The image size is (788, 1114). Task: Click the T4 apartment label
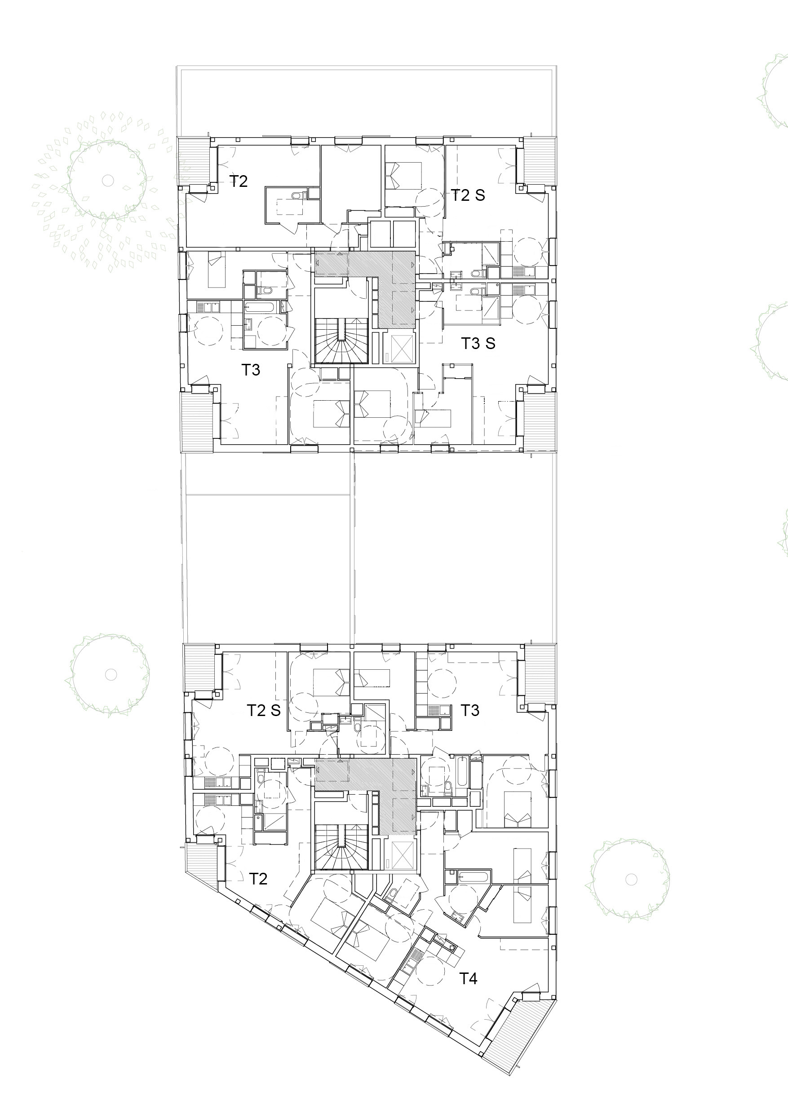(468, 979)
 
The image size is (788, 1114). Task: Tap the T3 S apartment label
(478, 343)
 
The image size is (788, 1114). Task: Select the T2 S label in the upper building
(468, 195)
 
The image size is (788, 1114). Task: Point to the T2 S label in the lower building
(264, 710)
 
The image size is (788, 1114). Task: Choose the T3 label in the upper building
(251, 370)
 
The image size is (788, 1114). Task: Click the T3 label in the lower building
(469, 710)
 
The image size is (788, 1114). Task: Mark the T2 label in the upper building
(238, 181)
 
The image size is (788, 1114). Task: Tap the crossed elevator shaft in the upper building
(399, 348)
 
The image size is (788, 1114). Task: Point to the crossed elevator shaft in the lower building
(399, 855)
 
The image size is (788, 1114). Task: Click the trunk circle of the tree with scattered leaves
(107, 180)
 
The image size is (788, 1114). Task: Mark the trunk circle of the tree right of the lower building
(631, 879)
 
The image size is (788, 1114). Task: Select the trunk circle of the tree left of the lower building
(111, 674)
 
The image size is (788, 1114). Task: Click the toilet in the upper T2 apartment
(297, 195)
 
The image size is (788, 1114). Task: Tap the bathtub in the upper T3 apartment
(262, 307)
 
